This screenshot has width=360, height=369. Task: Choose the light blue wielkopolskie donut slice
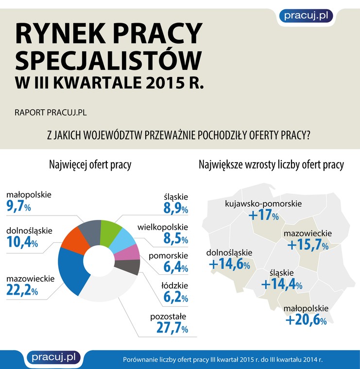[x=124, y=239]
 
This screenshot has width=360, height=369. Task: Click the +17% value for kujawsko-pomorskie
[x=264, y=215]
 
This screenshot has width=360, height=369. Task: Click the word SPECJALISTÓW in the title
[x=108, y=61]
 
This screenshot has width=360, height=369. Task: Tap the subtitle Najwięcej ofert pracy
[x=90, y=165]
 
